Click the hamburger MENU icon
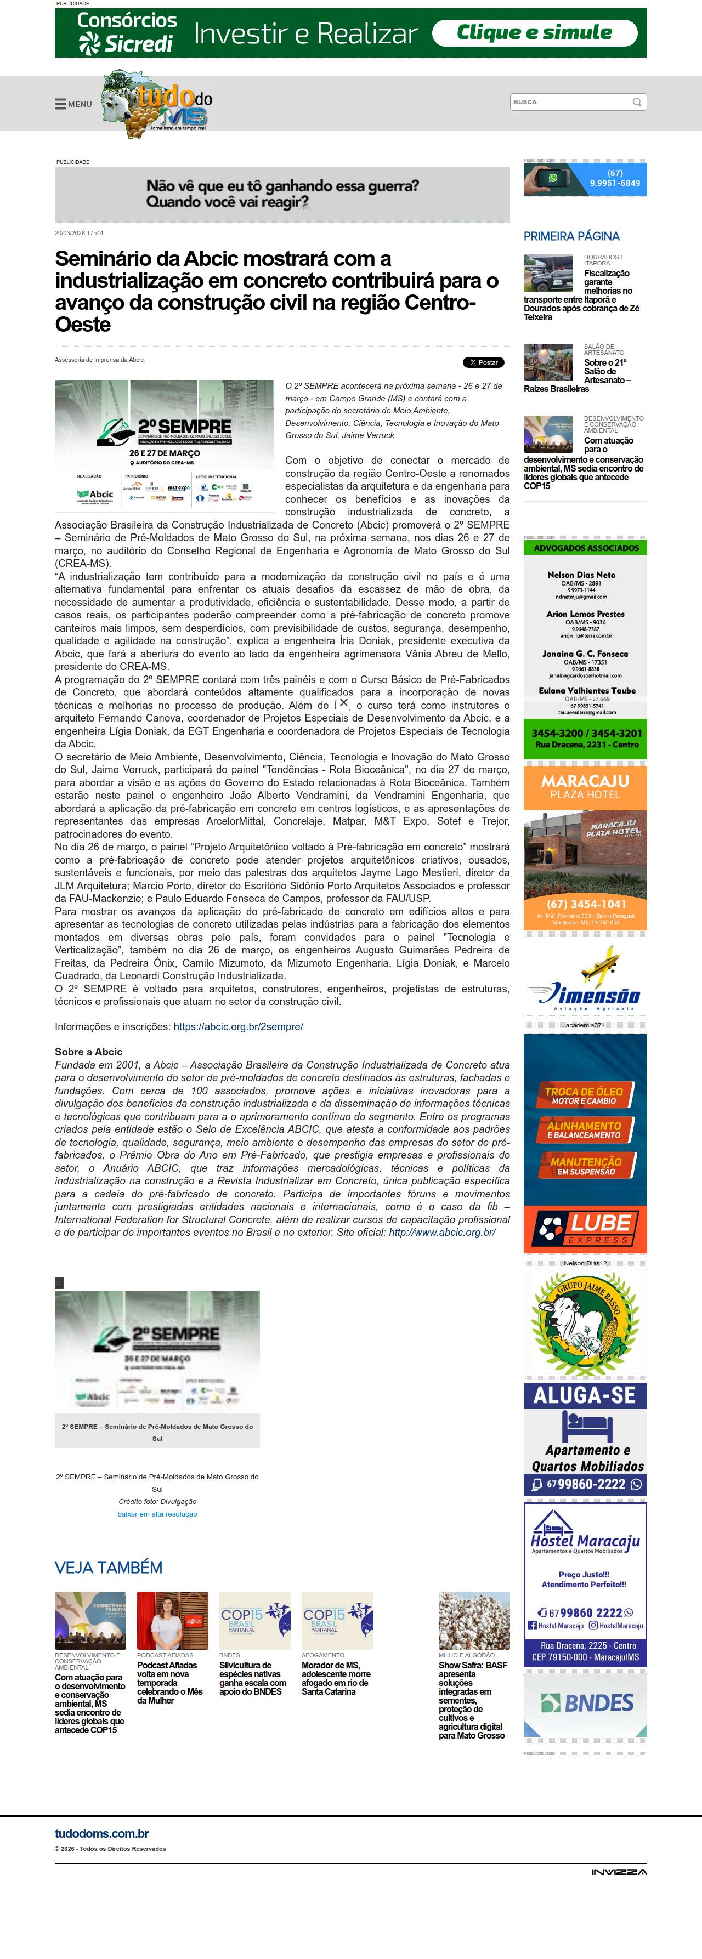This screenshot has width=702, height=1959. click(61, 104)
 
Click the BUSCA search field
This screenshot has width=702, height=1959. click(570, 102)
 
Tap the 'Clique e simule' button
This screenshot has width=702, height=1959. click(534, 33)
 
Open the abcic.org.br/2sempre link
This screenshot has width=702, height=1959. click(238, 1026)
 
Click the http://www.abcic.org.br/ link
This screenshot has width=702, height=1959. click(442, 1232)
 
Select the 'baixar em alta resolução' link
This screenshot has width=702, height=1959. click(157, 1514)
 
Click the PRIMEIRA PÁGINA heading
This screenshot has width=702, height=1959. click(571, 236)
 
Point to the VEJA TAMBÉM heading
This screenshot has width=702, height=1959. click(109, 1568)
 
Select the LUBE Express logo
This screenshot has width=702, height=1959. click(585, 1228)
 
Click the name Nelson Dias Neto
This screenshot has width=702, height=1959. click(581, 575)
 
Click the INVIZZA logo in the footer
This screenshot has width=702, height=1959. click(619, 1871)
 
